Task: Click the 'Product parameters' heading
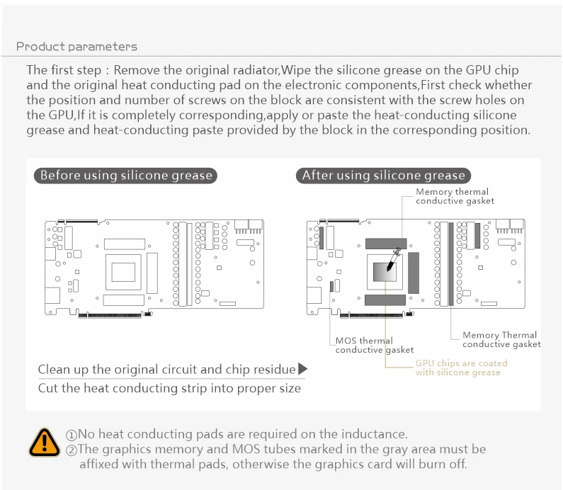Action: (76, 47)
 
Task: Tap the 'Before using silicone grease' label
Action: (125, 176)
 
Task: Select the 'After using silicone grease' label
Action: (383, 176)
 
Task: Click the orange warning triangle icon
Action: (45, 441)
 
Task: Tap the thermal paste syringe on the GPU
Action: (396, 257)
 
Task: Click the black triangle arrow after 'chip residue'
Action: (302, 369)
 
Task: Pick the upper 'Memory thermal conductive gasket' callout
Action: (455, 196)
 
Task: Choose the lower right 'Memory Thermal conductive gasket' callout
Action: (501, 340)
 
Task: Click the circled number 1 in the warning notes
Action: (72, 435)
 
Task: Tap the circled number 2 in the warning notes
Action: (72, 450)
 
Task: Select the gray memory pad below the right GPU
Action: (385, 300)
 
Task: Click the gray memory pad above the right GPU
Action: (385, 243)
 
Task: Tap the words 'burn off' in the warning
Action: (443, 465)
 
